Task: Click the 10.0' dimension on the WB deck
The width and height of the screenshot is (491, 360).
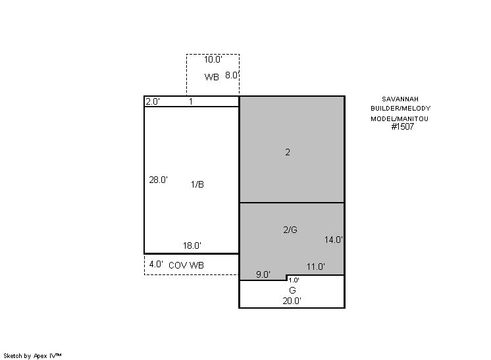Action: click(x=213, y=59)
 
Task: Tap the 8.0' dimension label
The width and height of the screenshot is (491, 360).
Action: click(x=232, y=75)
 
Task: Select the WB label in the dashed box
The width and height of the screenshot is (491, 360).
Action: click(x=212, y=77)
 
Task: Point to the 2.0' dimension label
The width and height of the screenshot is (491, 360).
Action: click(x=153, y=102)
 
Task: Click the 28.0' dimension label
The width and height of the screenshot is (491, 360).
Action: click(x=158, y=180)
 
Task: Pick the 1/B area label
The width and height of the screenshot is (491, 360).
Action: click(x=197, y=184)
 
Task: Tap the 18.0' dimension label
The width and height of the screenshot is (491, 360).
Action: click(x=192, y=245)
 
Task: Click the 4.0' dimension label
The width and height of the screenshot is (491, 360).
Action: click(x=156, y=264)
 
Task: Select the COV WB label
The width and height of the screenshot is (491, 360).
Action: click(x=186, y=265)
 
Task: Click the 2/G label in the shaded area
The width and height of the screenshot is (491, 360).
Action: click(x=290, y=230)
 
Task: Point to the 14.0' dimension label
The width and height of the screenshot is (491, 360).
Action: click(x=334, y=240)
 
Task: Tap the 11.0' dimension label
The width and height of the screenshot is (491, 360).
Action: click(x=316, y=267)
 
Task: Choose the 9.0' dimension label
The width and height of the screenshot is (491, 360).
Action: click(x=263, y=274)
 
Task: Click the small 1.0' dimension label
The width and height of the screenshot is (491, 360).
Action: click(x=294, y=280)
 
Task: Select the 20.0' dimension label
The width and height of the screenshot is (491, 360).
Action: click(x=292, y=301)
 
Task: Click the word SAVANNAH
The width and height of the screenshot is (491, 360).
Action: click(x=400, y=99)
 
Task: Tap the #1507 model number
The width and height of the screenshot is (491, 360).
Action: click(x=403, y=126)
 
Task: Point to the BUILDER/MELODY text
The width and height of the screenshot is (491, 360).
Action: click(x=401, y=109)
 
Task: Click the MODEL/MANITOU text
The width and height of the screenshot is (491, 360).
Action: click(x=400, y=119)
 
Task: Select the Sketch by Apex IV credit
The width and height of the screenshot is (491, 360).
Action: click(x=32, y=356)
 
